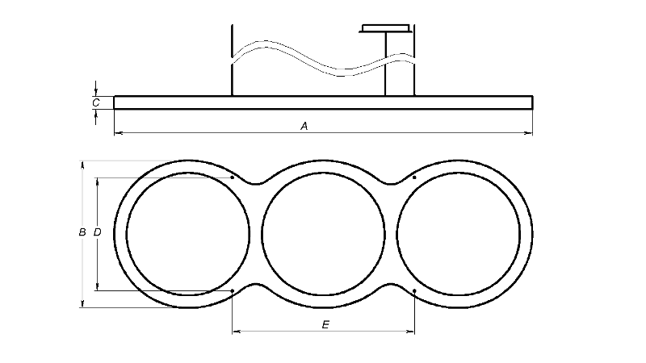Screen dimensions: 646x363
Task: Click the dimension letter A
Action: [x=304, y=126]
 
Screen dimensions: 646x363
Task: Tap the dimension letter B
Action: [x=82, y=232]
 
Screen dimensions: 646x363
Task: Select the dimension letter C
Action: [x=96, y=102]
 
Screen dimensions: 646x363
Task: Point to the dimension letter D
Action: [x=97, y=232]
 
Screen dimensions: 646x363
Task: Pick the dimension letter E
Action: [x=325, y=325]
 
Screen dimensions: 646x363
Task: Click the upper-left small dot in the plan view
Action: [x=233, y=177]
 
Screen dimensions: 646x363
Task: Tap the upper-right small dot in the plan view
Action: [x=414, y=177]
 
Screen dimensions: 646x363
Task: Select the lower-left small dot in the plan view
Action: [x=233, y=291]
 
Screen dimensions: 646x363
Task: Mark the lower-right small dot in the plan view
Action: [x=414, y=291]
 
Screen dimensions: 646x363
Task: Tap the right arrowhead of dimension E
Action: [x=410, y=331]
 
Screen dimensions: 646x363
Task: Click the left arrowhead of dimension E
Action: [x=237, y=331]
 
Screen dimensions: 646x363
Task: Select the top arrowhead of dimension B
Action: [x=82, y=165]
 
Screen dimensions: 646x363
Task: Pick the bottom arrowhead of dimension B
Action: [x=82, y=303]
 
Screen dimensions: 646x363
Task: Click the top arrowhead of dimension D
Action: [x=97, y=182]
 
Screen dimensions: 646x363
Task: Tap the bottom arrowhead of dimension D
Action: [x=97, y=286]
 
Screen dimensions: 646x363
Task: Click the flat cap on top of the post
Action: [x=385, y=28]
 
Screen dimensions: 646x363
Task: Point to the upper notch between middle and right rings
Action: [x=392, y=183]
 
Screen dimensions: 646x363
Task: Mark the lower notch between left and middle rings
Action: [x=256, y=285]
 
